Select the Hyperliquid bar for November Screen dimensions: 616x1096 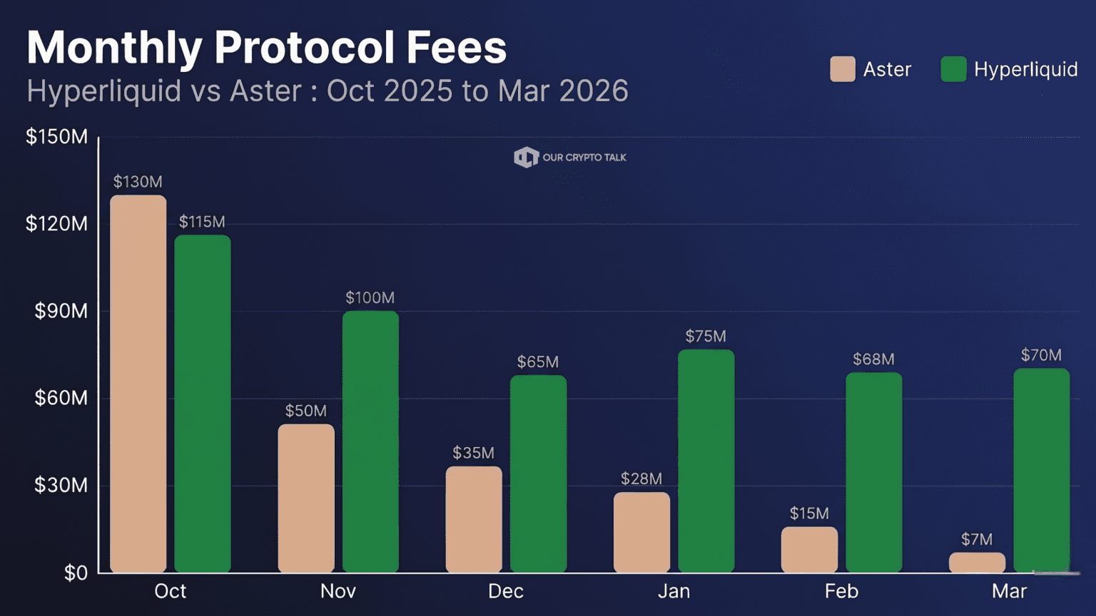[370, 441]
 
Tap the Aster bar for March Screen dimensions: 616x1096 [977, 563]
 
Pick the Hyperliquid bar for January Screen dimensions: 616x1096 [706, 461]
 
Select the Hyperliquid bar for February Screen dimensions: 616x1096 [873, 472]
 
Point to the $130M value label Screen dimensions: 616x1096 [138, 182]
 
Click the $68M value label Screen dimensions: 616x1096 [873, 359]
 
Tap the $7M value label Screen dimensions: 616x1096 [977, 540]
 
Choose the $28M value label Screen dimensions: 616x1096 [641, 479]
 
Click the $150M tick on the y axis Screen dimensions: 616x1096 [57, 137]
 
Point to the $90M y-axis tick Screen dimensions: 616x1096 [61, 311]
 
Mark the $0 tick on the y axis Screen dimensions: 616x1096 [76, 573]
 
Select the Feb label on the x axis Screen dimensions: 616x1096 [841, 591]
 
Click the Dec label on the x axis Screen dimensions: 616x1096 [506, 591]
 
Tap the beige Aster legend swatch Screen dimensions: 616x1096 [843, 69]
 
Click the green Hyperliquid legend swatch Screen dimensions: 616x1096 [953, 69]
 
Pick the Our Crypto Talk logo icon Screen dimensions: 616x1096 [526, 158]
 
